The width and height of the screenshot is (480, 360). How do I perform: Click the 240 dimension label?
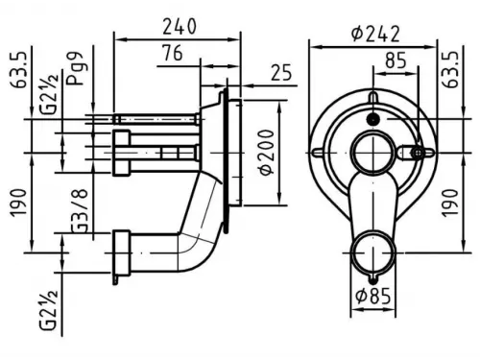coord(180,27)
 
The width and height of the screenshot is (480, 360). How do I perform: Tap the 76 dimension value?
coord(172,53)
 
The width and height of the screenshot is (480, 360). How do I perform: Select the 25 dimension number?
coord(281,72)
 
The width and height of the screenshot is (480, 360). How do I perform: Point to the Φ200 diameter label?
coord(267,153)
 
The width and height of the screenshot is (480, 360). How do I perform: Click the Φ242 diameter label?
coord(375,34)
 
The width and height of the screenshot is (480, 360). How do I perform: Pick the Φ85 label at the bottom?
coord(373,296)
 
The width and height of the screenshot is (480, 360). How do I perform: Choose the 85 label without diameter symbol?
coord(396,60)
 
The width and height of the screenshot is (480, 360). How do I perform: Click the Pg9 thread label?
coord(75,68)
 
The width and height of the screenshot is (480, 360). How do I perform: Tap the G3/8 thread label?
coord(79,210)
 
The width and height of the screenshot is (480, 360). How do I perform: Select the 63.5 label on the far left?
coord(18,70)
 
